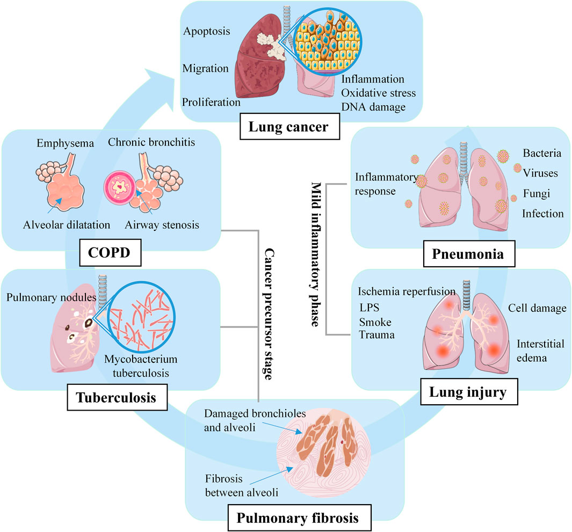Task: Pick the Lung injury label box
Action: point(468,392)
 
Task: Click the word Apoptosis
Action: point(206,31)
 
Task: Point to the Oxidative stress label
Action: point(378,93)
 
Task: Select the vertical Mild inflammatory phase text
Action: point(316,254)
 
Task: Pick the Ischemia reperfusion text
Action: point(406,291)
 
